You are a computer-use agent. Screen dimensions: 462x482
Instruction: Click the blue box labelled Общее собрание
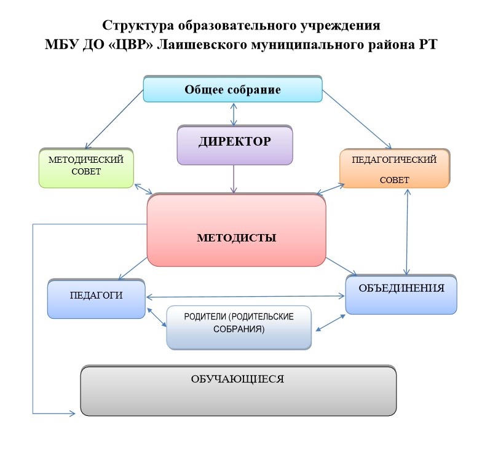[x=232, y=90]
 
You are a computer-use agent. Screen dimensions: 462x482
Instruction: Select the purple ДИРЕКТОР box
[x=234, y=145]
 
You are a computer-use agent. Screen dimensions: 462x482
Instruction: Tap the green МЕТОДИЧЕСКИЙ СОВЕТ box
[x=85, y=167]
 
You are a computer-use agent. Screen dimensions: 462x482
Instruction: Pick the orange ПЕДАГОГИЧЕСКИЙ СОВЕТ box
[x=394, y=168]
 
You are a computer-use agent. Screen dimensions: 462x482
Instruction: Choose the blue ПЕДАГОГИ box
[x=97, y=299]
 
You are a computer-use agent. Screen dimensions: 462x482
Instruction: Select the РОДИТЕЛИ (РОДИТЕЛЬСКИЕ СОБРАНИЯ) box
[x=239, y=327]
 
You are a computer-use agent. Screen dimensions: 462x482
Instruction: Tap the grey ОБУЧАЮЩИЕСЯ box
[x=238, y=391]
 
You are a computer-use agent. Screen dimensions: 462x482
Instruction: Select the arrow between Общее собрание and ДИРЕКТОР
[x=233, y=114]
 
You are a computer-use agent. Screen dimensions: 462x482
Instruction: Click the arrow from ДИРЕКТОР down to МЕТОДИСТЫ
[x=234, y=179]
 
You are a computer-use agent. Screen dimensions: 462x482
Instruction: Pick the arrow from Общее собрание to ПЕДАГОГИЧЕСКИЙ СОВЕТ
[x=357, y=120]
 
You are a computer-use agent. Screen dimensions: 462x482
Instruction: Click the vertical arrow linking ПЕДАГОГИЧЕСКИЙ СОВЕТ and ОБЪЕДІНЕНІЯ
[x=406, y=230]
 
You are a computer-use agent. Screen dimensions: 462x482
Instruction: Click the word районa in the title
[x=384, y=45]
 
